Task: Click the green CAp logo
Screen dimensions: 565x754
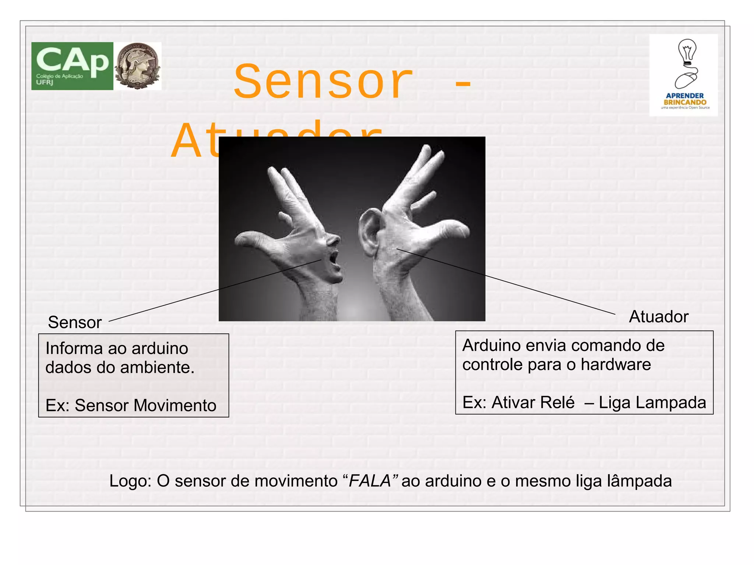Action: (x=72, y=66)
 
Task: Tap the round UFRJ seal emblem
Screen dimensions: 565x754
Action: (x=137, y=66)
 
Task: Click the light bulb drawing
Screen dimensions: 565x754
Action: (x=687, y=52)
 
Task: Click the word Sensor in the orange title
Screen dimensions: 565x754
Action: (x=323, y=82)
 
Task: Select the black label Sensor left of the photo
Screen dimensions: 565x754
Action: (x=75, y=322)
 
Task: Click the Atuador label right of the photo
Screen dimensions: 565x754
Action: (x=659, y=317)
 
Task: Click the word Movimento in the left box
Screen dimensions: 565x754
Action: (x=175, y=405)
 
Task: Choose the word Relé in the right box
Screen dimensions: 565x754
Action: (x=558, y=402)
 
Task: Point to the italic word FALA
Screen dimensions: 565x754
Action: (x=370, y=481)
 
